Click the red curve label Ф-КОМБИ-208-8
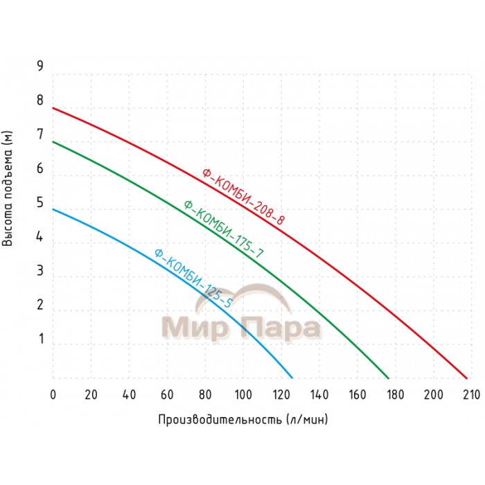point(243,197)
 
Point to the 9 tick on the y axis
point(40,67)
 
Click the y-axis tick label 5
point(40,203)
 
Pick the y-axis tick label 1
point(40,339)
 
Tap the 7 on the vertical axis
point(40,134)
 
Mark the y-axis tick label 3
point(40,271)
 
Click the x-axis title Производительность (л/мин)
point(242,420)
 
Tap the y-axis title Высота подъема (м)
point(9,188)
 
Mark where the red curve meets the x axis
point(467,378)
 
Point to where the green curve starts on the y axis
point(53,141)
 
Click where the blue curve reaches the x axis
point(292,378)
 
